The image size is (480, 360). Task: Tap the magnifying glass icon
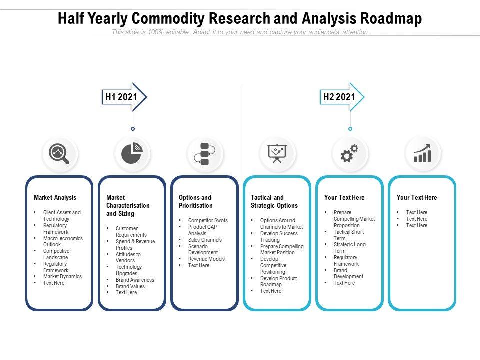[60, 154]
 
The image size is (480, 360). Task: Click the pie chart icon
[132, 154]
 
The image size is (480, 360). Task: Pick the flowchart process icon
[204, 154]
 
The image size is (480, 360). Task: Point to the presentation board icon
[277, 153]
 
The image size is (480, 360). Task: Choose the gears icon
[350, 154]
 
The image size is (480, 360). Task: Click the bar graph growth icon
[422, 154]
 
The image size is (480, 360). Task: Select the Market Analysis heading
[55, 198]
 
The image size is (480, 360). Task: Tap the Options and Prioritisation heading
[196, 202]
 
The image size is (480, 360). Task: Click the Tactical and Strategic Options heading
[274, 202]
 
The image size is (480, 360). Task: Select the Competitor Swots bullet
[208, 220]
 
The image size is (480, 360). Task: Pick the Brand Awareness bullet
[135, 280]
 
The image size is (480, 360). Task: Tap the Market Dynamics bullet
[62, 276]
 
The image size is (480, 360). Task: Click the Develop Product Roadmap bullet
[278, 281]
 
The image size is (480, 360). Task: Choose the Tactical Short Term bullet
[349, 235]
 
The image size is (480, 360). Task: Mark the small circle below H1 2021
[133, 129]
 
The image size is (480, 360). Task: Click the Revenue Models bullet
[206, 259]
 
